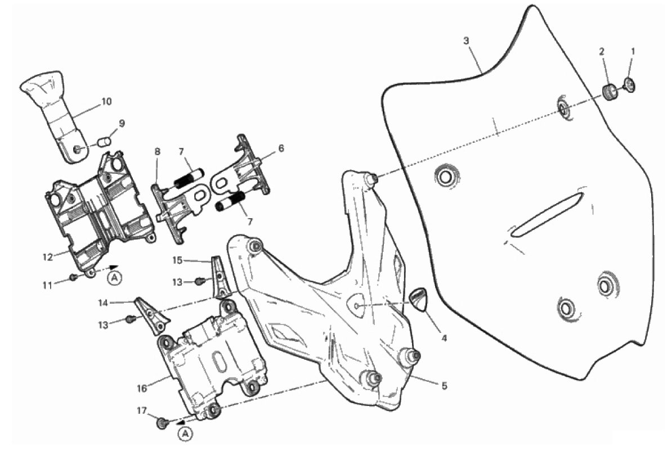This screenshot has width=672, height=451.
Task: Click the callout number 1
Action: pos(632,51)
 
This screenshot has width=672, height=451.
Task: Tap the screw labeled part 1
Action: pos(630,85)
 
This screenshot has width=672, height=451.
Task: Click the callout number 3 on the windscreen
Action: pos(466,41)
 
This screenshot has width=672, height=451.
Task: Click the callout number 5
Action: pos(444,386)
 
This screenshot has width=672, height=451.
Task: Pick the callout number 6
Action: pos(281,148)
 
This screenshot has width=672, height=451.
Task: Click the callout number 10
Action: pos(106,102)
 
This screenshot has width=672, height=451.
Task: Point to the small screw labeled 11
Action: pos(74,277)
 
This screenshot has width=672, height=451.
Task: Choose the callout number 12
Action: pos(47,256)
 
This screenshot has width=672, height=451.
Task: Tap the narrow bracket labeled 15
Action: pos(219,276)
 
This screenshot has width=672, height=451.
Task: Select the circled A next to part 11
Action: pos(115,277)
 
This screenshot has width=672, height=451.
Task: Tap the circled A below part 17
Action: pos(185,433)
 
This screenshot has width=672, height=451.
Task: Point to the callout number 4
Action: pos(443,339)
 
